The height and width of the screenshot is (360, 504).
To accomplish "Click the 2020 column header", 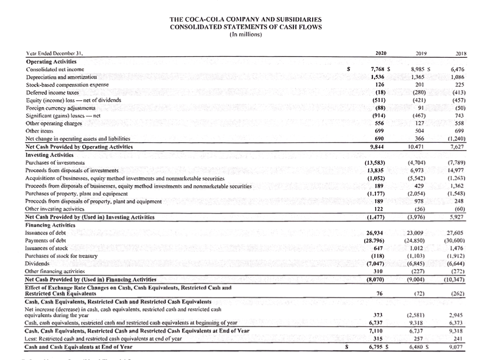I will click(x=381, y=53).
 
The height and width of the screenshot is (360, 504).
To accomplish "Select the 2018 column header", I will click(x=461, y=54).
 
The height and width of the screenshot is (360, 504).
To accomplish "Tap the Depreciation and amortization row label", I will click(x=61, y=77).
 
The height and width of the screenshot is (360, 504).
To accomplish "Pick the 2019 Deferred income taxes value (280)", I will click(x=419, y=92).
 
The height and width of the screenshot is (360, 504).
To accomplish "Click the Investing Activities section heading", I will click(x=46, y=154).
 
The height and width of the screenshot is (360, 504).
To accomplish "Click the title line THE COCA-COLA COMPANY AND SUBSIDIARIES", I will click(x=246, y=19).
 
